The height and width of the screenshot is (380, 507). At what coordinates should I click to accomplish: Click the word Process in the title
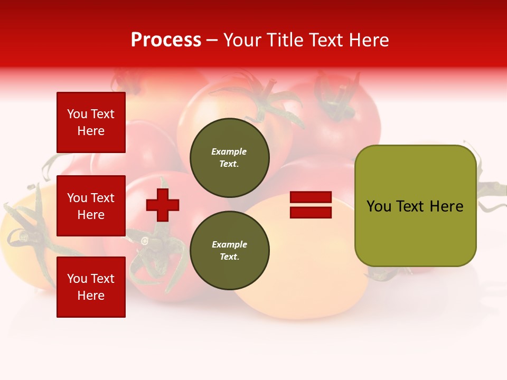click(x=166, y=40)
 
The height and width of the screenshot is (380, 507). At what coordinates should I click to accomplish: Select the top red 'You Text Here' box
click(x=91, y=122)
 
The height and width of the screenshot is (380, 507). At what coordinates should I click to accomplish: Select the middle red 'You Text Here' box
click(x=91, y=206)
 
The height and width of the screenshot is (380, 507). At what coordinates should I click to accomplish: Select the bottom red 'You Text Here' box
click(x=91, y=287)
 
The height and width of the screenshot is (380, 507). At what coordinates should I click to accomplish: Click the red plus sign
click(x=163, y=205)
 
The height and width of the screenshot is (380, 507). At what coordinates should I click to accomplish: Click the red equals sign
click(x=311, y=205)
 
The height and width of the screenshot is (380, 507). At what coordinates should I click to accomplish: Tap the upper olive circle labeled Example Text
click(x=230, y=157)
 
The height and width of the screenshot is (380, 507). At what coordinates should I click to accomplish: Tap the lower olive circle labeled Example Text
click(x=230, y=250)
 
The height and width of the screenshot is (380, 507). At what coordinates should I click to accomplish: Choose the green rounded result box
click(x=415, y=205)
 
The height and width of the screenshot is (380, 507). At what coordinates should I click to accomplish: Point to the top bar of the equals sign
click(x=311, y=198)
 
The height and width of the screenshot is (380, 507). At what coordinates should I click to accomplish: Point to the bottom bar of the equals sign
click(x=311, y=213)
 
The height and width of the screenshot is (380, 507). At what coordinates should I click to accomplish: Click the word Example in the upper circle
click(x=229, y=151)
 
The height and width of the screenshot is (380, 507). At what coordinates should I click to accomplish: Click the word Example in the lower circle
click(x=229, y=244)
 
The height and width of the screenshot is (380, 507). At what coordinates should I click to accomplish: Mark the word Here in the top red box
click(x=91, y=131)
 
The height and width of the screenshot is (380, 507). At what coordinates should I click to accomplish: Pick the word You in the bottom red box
click(x=77, y=279)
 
